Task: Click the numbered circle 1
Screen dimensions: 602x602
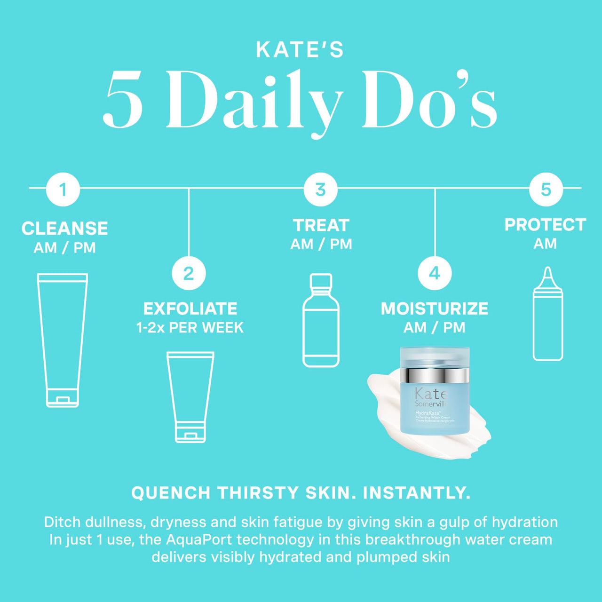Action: (x=63, y=190)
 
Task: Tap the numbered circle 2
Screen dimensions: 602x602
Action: (x=189, y=273)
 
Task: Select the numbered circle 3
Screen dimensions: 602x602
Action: (x=320, y=190)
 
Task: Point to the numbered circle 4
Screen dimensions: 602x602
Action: (x=435, y=273)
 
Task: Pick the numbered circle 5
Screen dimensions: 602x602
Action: (x=546, y=190)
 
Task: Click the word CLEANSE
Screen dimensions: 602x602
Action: (x=65, y=229)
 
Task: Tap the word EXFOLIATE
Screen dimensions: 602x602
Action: (x=190, y=309)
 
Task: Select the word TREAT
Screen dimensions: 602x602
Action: (x=321, y=225)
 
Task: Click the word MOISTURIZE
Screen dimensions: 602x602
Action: (x=435, y=309)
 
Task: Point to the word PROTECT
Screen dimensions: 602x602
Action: (x=545, y=225)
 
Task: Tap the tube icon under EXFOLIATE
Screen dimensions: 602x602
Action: (x=190, y=396)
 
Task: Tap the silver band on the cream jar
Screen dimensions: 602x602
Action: (x=435, y=375)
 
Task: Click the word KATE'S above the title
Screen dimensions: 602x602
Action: (x=301, y=50)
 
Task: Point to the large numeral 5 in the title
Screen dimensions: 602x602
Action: (x=124, y=100)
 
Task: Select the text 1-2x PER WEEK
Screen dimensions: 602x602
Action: (x=190, y=327)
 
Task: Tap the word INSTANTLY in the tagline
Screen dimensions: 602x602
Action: (x=416, y=493)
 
